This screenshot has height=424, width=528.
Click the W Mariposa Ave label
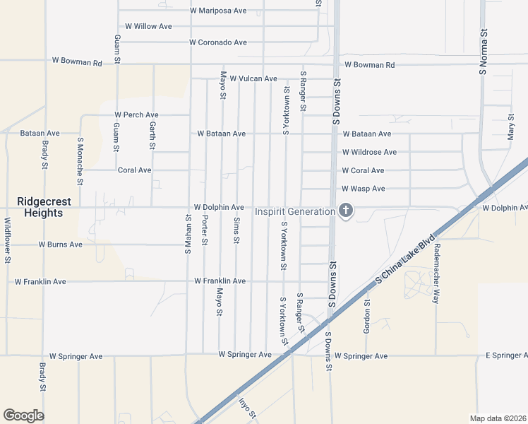(x=218, y=11)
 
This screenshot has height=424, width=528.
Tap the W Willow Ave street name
(x=148, y=26)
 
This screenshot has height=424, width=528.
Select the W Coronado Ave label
(x=218, y=42)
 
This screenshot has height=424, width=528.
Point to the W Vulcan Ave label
(x=253, y=78)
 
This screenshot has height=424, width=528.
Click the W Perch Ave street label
(x=137, y=114)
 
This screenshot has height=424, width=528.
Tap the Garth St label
(x=152, y=134)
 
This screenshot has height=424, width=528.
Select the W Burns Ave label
(x=61, y=245)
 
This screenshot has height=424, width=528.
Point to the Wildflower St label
(x=7, y=240)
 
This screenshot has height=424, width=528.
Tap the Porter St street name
(x=205, y=230)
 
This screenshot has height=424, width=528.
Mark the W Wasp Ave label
(x=363, y=189)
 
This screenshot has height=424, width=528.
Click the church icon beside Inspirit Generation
(x=345, y=211)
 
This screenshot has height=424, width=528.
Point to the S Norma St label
(x=484, y=51)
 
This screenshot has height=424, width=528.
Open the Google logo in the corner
(x=23, y=416)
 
